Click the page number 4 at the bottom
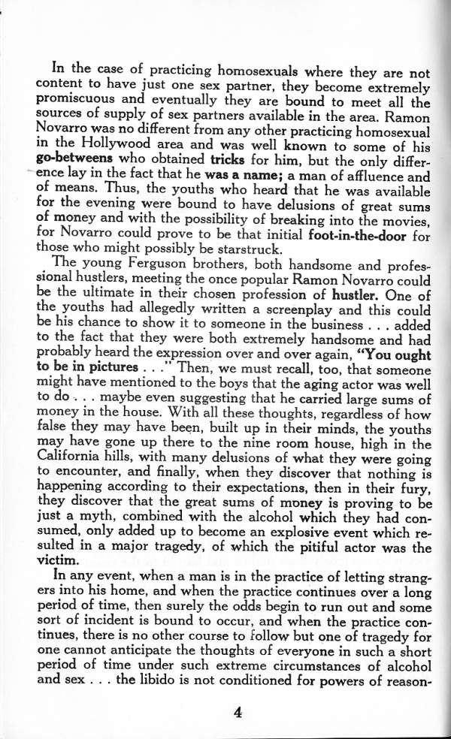click(x=237, y=713)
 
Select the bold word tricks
click(x=229, y=161)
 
